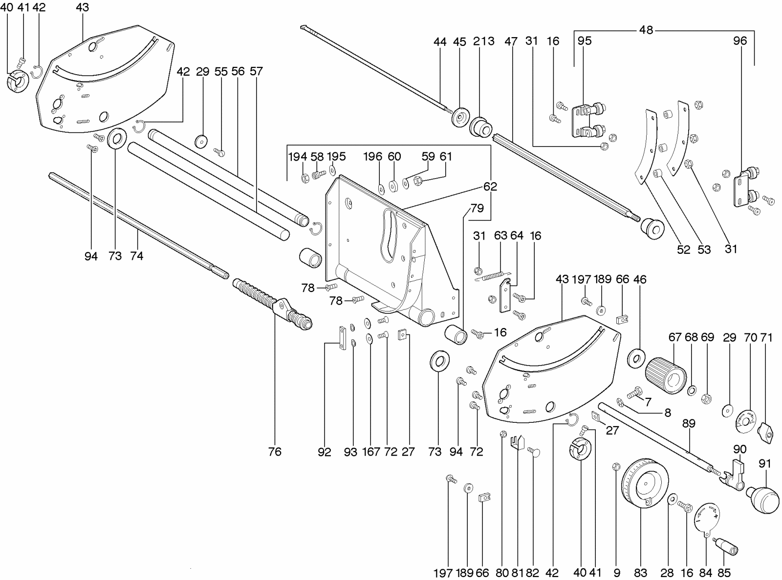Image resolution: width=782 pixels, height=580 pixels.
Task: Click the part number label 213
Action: point(483,41)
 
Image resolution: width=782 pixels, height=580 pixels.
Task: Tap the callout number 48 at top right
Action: point(646,30)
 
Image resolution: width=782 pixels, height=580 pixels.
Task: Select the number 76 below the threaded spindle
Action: point(275,452)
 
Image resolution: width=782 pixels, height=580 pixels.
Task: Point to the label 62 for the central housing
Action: point(490,186)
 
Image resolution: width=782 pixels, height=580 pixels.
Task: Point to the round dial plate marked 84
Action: point(708,520)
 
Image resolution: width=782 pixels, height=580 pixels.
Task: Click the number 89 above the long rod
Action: point(688,423)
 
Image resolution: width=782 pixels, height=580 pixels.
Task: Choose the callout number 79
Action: point(477,208)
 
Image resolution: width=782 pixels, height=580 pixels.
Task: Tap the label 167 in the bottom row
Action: point(370,452)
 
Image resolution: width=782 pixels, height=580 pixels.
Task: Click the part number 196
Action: point(372,156)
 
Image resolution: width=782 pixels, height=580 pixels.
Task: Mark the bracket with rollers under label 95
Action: point(589,120)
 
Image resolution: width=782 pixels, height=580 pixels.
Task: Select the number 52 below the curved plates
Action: point(683,249)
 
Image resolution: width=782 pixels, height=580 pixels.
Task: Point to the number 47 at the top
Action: point(511,41)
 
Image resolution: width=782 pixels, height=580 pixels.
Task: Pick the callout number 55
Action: point(221,71)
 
